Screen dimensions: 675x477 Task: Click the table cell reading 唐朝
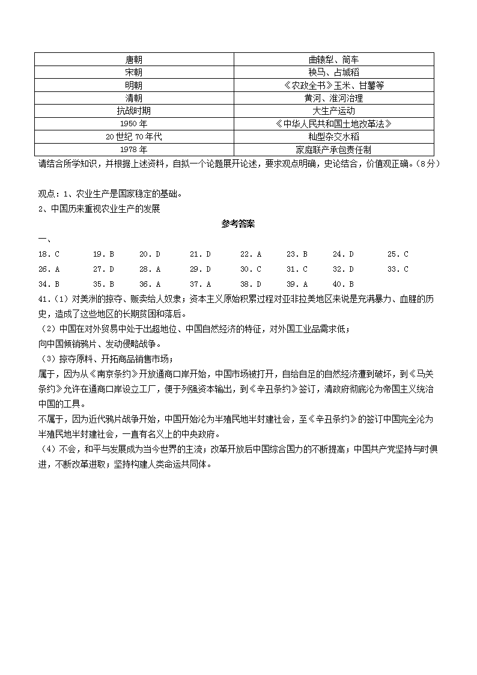[134, 60]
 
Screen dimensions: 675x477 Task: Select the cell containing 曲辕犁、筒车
[333, 60]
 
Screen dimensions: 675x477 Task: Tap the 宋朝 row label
[134, 72]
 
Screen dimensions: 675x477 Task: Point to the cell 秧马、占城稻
[333, 72]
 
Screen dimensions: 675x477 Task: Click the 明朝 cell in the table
[134, 85]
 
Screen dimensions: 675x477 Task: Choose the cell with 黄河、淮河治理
[333, 98]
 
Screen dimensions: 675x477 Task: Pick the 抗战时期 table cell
[134, 111]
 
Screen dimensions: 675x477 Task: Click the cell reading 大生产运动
[333, 111]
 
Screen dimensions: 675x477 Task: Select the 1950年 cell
[134, 124]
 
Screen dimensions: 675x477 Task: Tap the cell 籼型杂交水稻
[333, 136]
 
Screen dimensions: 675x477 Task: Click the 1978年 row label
[134, 149]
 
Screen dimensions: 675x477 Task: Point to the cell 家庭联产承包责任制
[333, 149]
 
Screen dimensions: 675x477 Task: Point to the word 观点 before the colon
[46, 194]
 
